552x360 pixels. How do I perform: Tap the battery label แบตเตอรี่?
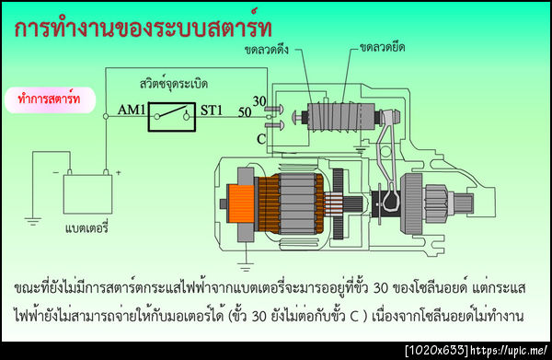pos(86,226)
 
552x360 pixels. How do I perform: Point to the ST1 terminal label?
pos(212,112)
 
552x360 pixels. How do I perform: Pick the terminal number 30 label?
pos(259,100)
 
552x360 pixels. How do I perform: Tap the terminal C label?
pos(261,138)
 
